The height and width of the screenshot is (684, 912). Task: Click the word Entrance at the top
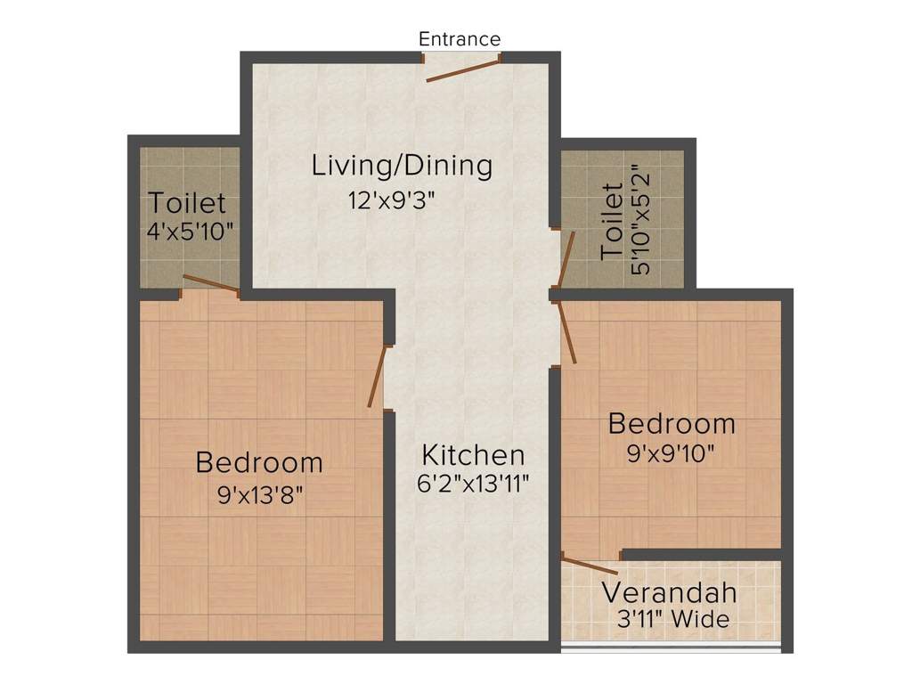(x=460, y=39)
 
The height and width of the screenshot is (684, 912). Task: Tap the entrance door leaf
(x=461, y=71)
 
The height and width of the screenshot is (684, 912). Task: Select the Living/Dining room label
(x=402, y=166)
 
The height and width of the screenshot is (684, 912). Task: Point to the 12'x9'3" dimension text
(x=392, y=200)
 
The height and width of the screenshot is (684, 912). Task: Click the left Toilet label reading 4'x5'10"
(x=187, y=202)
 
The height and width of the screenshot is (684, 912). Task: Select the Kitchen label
(x=473, y=455)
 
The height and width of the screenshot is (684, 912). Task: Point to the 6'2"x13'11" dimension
(x=473, y=484)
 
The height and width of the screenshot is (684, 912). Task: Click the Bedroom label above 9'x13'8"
(x=259, y=463)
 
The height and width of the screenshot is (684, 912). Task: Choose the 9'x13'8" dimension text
(x=260, y=493)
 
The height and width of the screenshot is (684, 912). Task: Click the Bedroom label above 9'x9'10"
(x=672, y=424)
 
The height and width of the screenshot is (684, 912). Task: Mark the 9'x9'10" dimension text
(x=672, y=453)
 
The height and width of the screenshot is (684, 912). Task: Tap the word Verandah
(x=669, y=592)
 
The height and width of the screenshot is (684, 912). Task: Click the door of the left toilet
(x=211, y=284)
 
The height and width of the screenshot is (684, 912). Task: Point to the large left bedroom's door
(x=378, y=378)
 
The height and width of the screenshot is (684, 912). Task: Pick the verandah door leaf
(x=590, y=566)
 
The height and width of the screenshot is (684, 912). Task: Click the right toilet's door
(x=566, y=260)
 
